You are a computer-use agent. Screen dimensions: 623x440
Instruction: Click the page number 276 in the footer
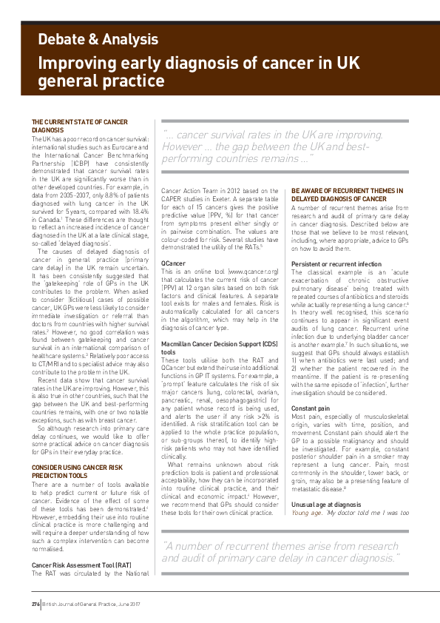point(35,605)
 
